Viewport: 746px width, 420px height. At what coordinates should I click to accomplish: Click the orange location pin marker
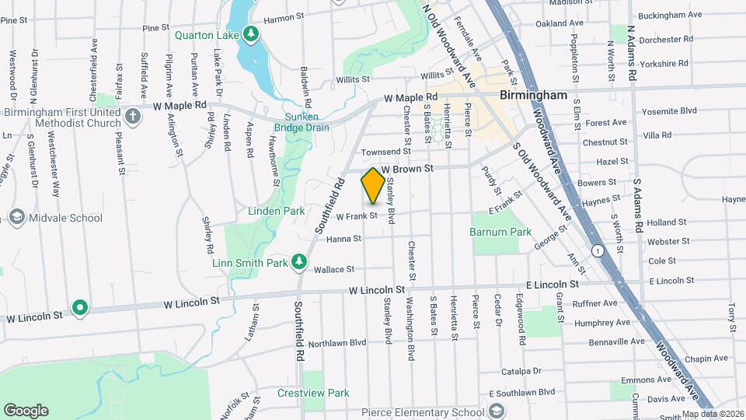(373, 186)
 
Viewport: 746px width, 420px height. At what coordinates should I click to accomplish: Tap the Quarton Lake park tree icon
(250, 33)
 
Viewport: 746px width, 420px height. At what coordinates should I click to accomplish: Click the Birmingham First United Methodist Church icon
(133, 117)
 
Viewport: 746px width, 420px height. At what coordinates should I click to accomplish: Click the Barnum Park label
(500, 232)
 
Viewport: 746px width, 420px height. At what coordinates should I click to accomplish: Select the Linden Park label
(276, 211)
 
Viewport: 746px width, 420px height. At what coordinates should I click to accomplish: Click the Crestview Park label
(313, 393)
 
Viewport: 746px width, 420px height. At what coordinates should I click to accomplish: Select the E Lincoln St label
(553, 285)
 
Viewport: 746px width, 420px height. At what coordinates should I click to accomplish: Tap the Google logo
(26, 410)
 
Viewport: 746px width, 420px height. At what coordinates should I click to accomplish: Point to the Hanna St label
(343, 239)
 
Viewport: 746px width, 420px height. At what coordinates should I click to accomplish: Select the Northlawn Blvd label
(336, 342)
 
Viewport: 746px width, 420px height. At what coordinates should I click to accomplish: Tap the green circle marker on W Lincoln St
(79, 308)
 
